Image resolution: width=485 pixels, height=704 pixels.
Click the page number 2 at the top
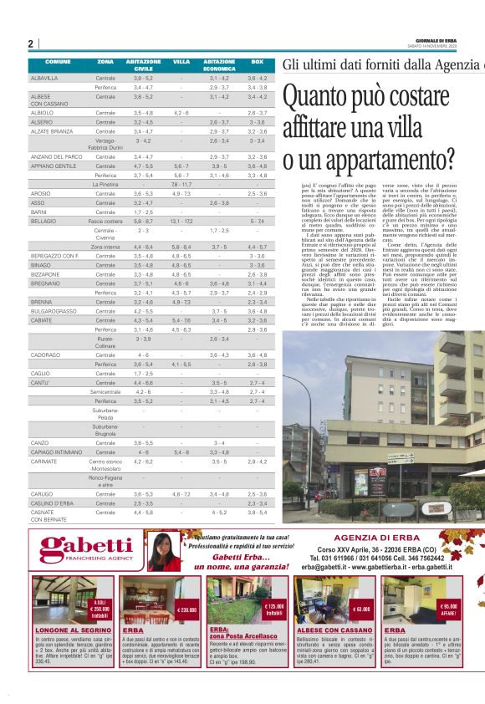[30, 43]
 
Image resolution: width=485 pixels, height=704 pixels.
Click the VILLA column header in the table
[181, 63]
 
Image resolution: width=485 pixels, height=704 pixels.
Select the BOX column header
[258, 63]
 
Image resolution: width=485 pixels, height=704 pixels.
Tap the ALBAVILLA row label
[45, 78]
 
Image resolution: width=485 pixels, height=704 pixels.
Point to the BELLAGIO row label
[43, 221]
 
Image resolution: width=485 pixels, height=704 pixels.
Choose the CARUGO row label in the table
[42, 494]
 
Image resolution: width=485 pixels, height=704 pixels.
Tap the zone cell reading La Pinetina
[105, 184]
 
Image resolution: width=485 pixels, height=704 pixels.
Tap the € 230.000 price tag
[186, 610]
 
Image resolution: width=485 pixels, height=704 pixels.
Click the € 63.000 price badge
[361, 610]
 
